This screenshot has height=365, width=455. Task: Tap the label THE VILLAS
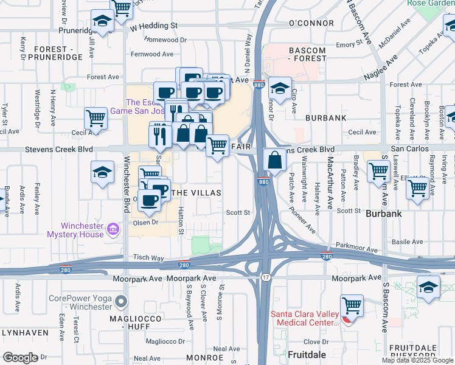click(x=195, y=192)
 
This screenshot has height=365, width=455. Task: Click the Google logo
click(x=20, y=358)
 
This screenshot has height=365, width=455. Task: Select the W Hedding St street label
click(x=153, y=26)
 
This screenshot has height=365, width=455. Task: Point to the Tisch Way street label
click(x=148, y=258)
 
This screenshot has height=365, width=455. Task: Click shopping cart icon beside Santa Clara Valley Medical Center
click(x=352, y=305)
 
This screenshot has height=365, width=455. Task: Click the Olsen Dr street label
click(x=145, y=223)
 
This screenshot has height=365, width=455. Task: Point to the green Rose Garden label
click(x=431, y=3)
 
